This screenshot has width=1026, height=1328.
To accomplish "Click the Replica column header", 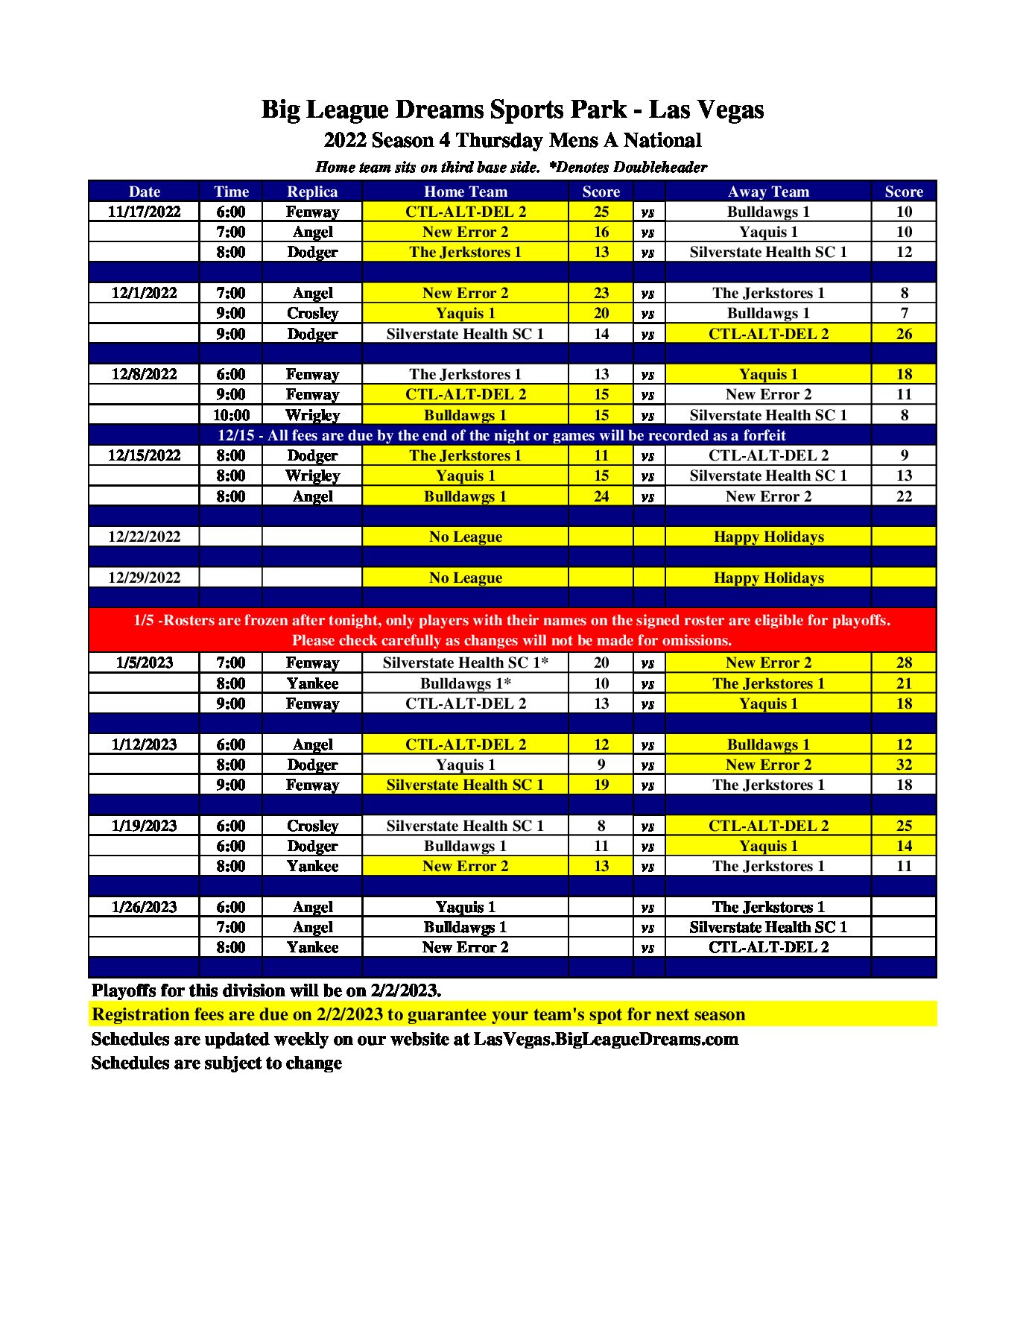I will pos(312,192).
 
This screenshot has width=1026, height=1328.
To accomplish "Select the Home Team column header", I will pos(465,192).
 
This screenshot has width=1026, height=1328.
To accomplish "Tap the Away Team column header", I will pos(768,192).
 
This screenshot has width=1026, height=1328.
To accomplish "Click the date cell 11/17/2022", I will pos(144,212).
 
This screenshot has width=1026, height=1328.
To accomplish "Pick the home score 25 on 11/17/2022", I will pos(601,212).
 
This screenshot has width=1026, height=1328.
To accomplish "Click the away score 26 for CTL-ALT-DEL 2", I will pos(904,334).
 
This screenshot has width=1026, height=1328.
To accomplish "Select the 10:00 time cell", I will pos(231,415).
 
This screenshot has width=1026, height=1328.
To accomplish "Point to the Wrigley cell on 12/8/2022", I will pos(312,415).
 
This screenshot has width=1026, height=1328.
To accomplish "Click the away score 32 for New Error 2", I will pos(904,765).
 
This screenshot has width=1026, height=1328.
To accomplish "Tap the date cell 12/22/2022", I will pos(144,537).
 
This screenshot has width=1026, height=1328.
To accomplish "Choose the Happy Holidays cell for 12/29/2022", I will pos(768,578).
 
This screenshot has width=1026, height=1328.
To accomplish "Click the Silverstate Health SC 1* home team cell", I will pos(465,663).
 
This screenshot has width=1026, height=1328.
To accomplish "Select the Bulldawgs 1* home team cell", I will pos(465,683).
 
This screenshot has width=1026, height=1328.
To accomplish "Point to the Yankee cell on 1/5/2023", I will pos(312,683).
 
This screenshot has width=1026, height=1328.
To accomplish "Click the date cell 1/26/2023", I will pos(144,907).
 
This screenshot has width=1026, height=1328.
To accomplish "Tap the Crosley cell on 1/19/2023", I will pos(312,826).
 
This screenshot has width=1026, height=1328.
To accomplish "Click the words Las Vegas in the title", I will pos(706,110).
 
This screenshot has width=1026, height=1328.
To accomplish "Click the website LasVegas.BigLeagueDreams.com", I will pos(606,1039).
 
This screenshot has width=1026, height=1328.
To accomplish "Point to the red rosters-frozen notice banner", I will pos(512,630).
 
